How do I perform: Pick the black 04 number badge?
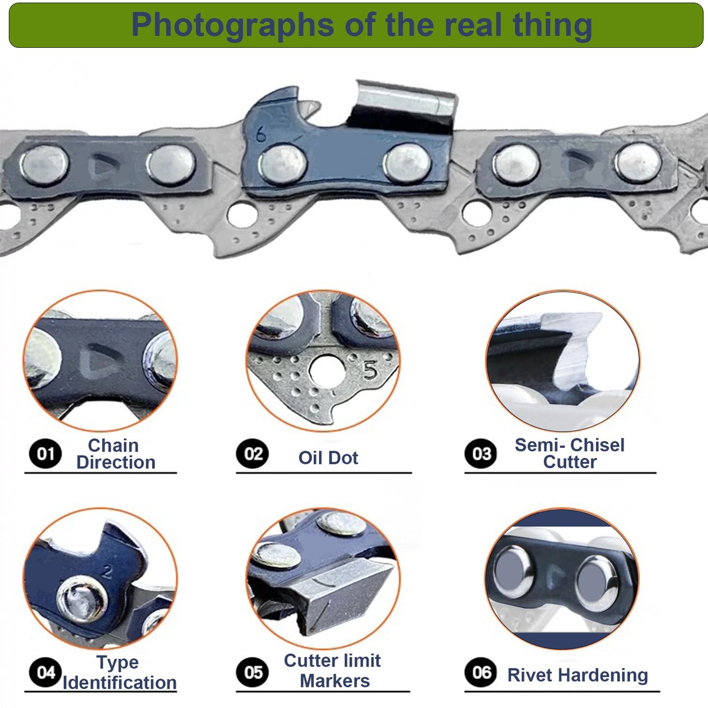tap(45, 673)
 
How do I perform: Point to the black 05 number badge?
tap(253, 673)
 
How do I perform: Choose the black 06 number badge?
tap(481, 673)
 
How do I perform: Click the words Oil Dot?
tap(328, 458)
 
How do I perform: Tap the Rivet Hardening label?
tap(578, 676)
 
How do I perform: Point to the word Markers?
tap(335, 681)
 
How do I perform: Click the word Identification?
tap(120, 683)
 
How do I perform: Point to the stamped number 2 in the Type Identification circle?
tap(107, 572)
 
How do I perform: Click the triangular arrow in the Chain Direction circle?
tap(98, 361)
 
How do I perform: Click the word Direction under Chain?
tap(116, 462)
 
